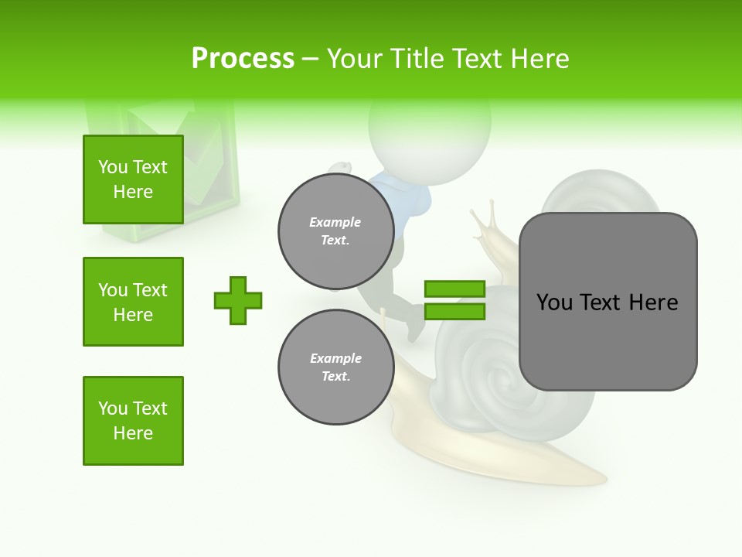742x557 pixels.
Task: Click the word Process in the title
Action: [x=243, y=58]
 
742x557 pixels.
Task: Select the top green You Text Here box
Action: [x=133, y=179]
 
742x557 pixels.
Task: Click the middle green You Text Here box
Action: [x=133, y=302]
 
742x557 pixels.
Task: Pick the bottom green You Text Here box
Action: [x=133, y=421]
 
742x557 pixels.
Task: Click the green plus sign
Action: [x=238, y=300]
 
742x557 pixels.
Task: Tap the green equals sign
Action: [x=454, y=300]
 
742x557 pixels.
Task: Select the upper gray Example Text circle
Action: [x=335, y=231]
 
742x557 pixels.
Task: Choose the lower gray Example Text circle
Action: [x=335, y=367]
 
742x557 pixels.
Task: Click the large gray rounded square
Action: [x=608, y=302]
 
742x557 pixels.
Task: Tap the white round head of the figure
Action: [x=429, y=139]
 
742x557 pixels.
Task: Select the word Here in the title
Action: [x=538, y=58]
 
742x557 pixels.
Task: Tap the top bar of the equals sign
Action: [x=454, y=289]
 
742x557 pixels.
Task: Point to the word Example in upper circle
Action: [x=335, y=222]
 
